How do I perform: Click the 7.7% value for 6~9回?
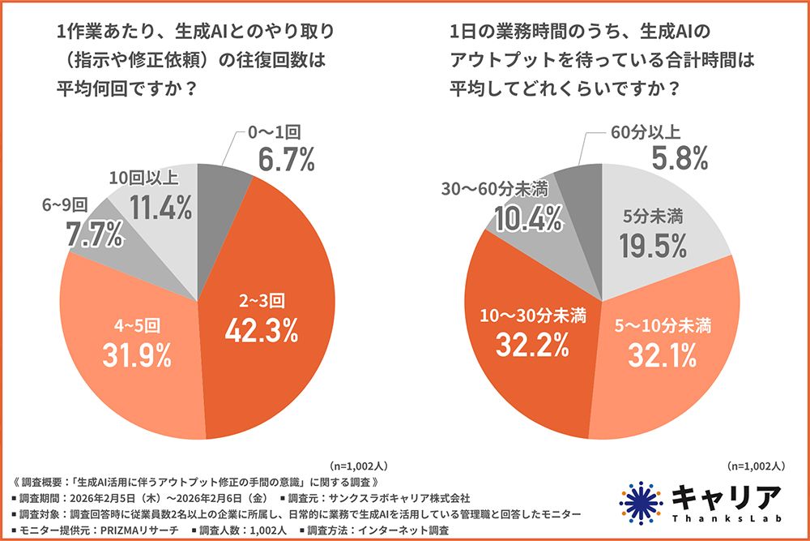coord(93,236)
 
